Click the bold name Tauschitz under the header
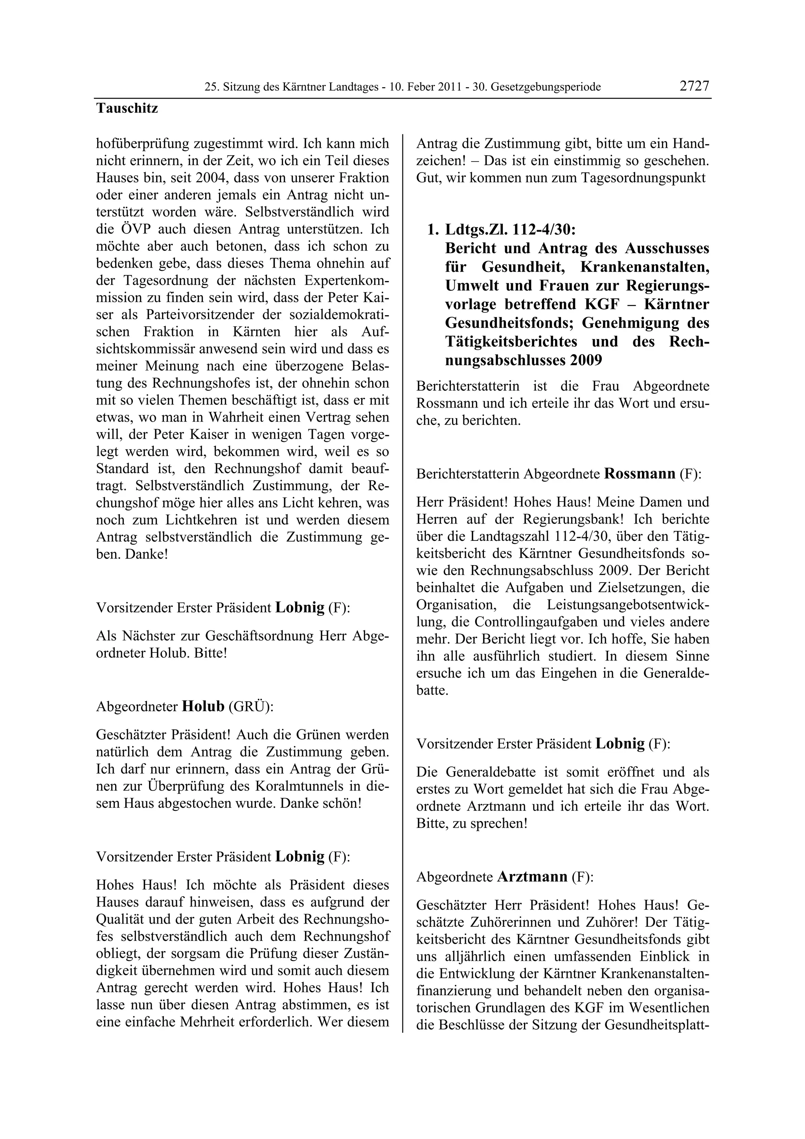(x=127, y=108)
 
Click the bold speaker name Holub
(x=203, y=706)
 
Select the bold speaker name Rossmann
(x=640, y=473)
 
